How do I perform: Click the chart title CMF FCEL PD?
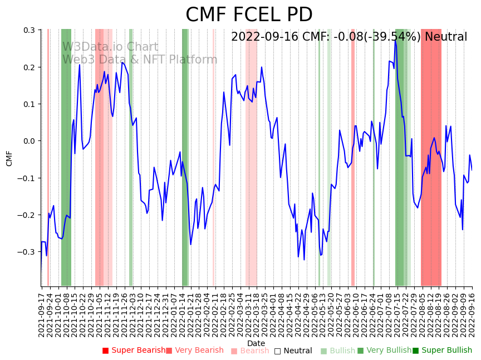tap(249, 15)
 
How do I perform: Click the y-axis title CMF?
tap(9, 158)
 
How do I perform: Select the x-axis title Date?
tap(256, 343)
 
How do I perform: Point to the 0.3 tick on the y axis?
tap(29, 31)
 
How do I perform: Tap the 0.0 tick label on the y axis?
tap(29, 141)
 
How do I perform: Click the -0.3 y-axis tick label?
tap(27, 252)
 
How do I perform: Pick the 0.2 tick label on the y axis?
tap(29, 67)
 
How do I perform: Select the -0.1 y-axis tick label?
tap(27, 178)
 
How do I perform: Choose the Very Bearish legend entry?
tap(194, 351)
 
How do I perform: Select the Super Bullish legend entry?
tap(442, 351)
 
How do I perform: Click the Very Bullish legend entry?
tap(384, 351)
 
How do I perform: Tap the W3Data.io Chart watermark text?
tap(110, 47)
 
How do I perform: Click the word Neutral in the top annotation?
tap(446, 37)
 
